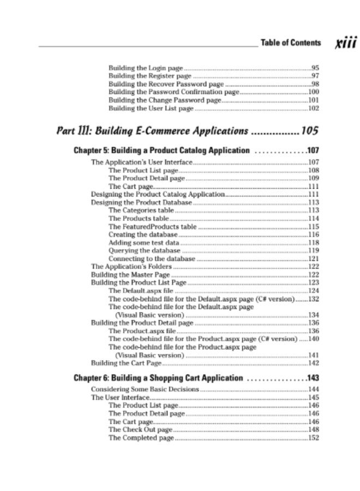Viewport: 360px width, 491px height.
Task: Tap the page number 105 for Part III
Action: tap(309, 131)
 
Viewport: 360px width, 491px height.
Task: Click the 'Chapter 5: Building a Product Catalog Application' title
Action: tap(162, 151)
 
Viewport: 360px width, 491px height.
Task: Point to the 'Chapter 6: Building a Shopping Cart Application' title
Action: tap(158, 378)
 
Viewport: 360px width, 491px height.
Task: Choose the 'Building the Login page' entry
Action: tap(146, 68)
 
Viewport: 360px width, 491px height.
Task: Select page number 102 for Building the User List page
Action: tap(313, 109)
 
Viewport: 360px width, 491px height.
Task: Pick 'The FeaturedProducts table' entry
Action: tap(153, 226)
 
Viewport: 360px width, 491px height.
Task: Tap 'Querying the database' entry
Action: tap(144, 250)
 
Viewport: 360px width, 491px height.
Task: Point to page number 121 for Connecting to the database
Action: tap(313, 259)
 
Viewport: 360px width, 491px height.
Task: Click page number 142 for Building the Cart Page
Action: tap(313, 363)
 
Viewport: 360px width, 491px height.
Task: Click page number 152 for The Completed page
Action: tap(313, 438)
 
